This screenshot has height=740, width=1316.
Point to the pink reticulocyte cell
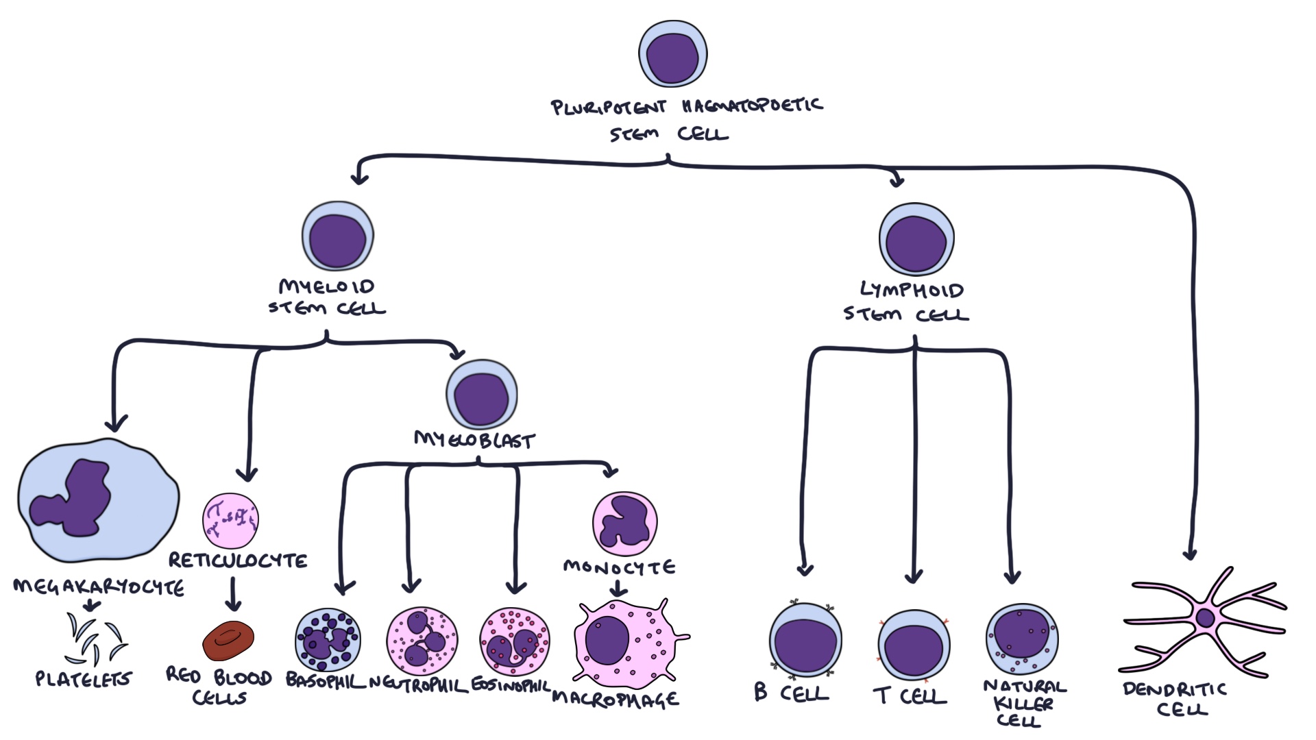pyautogui.click(x=230, y=520)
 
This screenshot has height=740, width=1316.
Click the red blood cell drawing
pyautogui.click(x=228, y=641)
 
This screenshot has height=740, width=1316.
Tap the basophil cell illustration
pyautogui.click(x=328, y=641)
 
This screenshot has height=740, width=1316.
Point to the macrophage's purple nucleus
pyautogui.click(x=607, y=640)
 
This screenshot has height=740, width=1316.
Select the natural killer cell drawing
pyautogui.click(x=1021, y=639)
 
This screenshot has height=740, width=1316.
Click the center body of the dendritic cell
pyautogui.click(x=1205, y=619)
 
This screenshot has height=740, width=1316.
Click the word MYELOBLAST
pyautogui.click(x=474, y=440)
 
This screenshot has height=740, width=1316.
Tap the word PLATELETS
pyautogui.click(x=83, y=679)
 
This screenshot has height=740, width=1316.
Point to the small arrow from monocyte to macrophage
pyautogui.click(x=618, y=588)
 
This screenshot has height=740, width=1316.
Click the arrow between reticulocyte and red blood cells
pyautogui.click(x=233, y=595)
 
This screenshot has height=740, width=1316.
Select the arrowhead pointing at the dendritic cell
pyautogui.click(x=1190, y=554)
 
